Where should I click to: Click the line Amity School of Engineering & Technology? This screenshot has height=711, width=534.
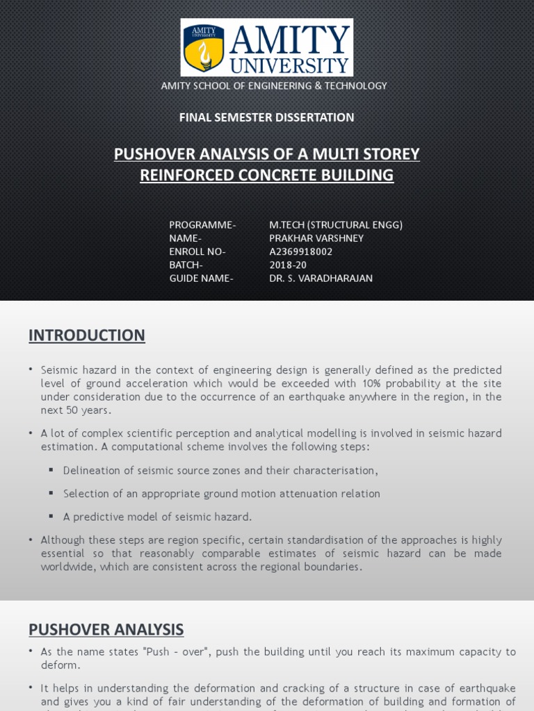(274, 85)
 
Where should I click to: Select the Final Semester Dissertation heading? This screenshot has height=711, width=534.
(266, 117)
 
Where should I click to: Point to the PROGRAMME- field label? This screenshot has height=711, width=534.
(202, 225)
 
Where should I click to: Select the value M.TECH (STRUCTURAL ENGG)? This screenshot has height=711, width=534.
(336, 225)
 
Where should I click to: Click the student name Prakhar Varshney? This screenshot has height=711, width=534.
(316, 238)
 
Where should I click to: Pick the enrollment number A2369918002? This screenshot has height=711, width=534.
(300, 251)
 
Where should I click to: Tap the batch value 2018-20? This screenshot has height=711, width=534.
(288, 265)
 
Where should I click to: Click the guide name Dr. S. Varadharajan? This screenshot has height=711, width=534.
(321, 278)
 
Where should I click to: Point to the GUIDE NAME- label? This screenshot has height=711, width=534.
(201, 278)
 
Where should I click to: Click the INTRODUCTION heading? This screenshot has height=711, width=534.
(87, 335)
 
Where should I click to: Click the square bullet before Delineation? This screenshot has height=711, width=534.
(51, 470)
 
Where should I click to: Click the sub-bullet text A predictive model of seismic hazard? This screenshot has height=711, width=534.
(157, 517)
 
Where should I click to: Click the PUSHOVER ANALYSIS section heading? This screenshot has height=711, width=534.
(106, 630)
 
